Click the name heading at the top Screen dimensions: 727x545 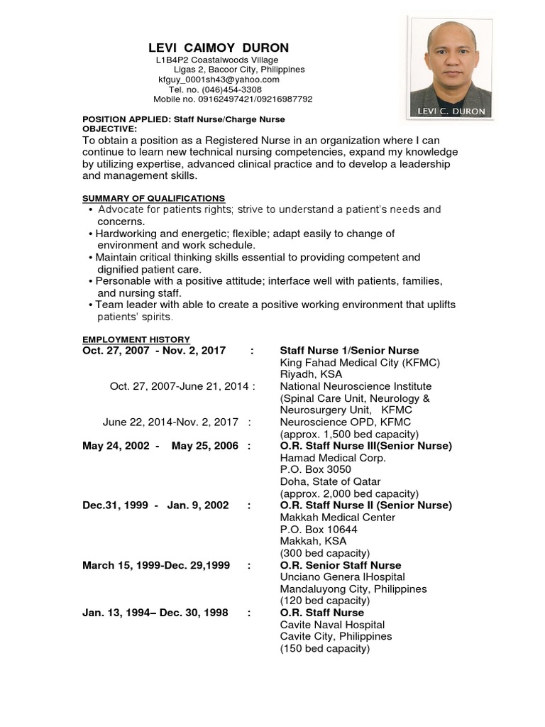click(219, 48)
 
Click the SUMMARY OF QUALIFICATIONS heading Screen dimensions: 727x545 click(153, 198)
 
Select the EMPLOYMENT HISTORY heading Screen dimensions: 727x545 click(136, 339)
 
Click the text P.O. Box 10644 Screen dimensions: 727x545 click(319, 530)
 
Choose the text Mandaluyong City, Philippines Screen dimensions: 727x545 click(353, 589)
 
